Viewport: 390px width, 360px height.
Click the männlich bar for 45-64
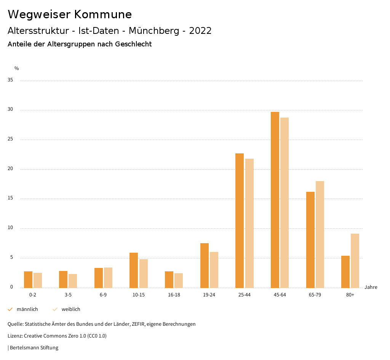coord(275,200)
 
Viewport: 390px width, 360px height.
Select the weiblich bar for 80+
coord(355,261)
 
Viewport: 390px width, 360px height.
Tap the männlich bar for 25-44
coord(240,221)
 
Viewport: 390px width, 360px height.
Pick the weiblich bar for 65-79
coord(320,234)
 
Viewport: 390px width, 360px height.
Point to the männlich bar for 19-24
coord(204,266)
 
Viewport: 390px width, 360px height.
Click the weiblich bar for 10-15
coord(143,274)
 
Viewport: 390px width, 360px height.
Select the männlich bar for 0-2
coord(28,280)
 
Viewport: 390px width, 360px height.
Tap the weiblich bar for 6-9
coord(108,278)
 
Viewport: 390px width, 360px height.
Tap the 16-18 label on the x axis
coord(174,295)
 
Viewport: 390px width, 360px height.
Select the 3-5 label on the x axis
coord(68,295)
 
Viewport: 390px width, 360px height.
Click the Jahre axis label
coord(371,287)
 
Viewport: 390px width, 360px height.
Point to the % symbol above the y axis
coord(17,68)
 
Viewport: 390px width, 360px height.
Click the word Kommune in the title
coord(103,14)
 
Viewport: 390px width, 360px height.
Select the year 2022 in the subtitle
coord(200,31)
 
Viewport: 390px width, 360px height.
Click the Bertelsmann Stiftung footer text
coord(34,348)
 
